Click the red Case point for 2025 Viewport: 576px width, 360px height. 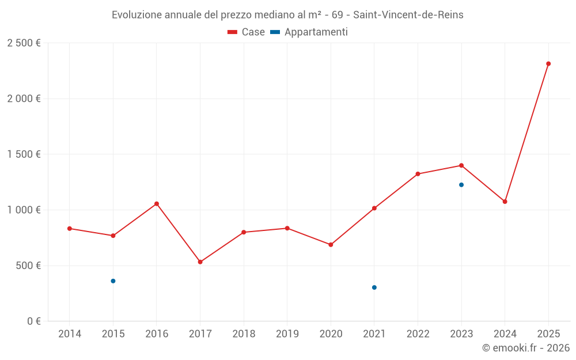click(x=548, y=64)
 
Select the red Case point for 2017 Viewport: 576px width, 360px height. click(x=200, y=262)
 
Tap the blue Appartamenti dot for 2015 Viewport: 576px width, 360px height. click(x=113, y=281)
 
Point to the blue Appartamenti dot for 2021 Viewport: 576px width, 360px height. click(x=374, y=287)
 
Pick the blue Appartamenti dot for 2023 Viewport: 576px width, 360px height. click(x=461, y=185)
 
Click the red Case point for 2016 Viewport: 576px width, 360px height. click(x=157, y=204)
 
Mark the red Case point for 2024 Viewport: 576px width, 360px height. click(x=505, y=202)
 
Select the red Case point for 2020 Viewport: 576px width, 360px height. click(x=331, y=245)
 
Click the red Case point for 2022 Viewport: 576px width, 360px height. click(x=418, y=174)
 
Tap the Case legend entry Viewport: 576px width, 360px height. click(x=247, y=32)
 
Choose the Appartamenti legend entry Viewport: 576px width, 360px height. click(x=309, y=32)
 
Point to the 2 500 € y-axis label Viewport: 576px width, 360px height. click(x=24, y=43)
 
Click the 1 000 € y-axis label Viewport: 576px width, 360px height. click(x=24, y=210)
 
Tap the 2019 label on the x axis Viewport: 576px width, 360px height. click(x=287, y=334)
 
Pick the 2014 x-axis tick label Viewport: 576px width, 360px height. click(x=70, y=334)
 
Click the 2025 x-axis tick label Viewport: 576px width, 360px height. click(x=548, y=334)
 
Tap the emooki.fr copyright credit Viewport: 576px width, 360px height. click(x=526, y=348)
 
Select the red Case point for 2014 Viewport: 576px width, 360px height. click(x=70, y=229)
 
